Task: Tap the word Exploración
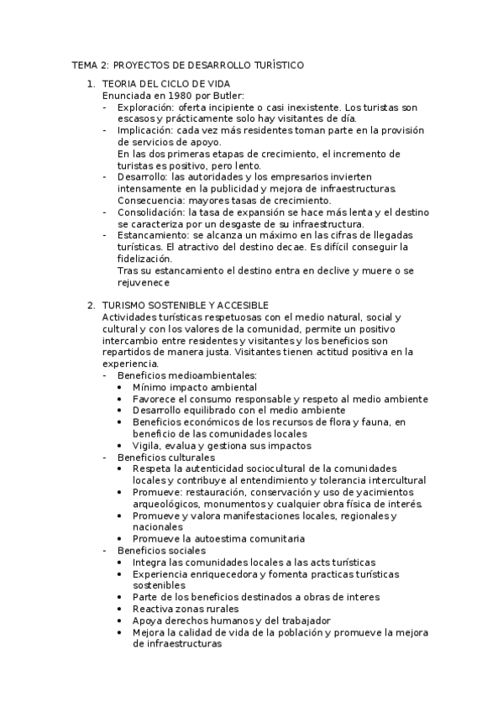(145, 107)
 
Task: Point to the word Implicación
(144, 130)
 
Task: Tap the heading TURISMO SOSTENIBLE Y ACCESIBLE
(185, 305)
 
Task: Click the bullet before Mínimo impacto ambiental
(124, 387)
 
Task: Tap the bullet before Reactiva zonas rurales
(124, 609)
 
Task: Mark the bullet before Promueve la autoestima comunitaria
(124, 538)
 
